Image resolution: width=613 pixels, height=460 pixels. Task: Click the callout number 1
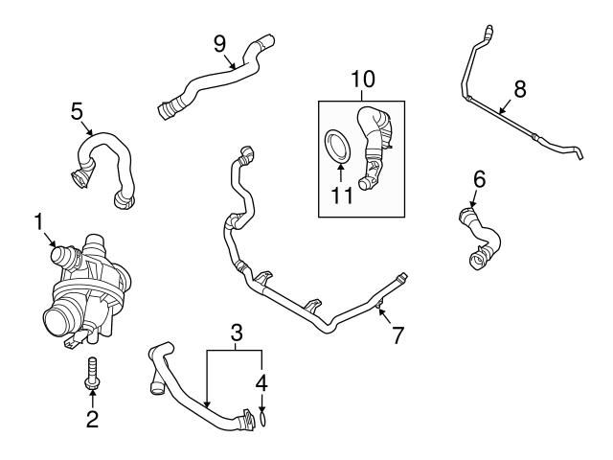[39, 223]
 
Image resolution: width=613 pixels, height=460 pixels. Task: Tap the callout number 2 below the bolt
[93, 418]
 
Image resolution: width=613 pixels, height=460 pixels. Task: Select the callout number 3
[235, 334]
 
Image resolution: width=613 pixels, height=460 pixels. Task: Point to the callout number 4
[261, 381]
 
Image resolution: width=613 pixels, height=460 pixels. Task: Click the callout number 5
[78, 111]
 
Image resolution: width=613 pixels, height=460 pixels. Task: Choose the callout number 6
[479, 178]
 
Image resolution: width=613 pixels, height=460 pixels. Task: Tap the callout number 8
[520, 89]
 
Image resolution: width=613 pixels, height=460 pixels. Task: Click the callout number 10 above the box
[364, 77]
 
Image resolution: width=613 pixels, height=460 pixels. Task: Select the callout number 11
[342, 196]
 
